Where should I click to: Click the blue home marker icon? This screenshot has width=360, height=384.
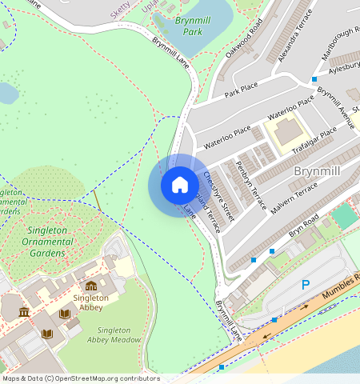coord(180,185)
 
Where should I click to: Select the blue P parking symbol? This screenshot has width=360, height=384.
coord(305,285)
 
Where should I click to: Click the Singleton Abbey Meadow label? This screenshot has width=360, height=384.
coord(119,334)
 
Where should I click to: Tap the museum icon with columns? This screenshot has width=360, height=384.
coord(24,312)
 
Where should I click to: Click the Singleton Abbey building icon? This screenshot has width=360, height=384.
coord(90,286)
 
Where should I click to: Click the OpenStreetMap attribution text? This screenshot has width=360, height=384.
coord(70,378)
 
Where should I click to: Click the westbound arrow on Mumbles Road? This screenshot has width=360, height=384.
coord(266,336)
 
